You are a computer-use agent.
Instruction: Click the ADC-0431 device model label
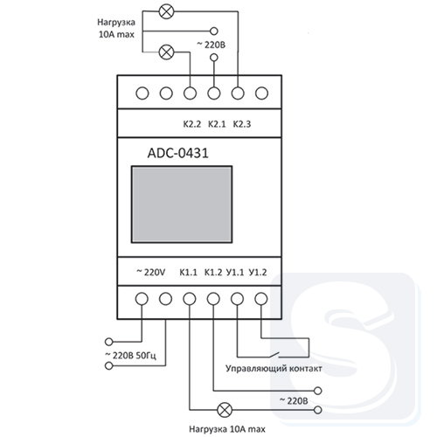point(178,153)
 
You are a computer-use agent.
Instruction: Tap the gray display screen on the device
point(182,205)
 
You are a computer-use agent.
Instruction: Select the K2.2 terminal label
point(192,124)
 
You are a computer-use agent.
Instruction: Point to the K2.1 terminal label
point(217,124)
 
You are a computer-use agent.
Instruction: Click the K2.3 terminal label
point(242,124)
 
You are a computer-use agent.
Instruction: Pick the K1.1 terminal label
point(188,273)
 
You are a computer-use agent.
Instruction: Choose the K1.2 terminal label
point(213,273)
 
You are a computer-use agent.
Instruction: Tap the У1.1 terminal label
point(235,273)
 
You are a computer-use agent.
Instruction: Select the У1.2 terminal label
point(258,273)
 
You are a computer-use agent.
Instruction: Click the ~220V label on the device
point(151,273)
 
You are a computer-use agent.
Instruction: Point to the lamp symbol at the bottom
point(225,410)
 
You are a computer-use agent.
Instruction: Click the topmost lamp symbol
point(167,11)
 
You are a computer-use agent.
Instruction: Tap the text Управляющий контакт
point(274,369)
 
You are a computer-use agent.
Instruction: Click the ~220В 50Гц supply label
point(130,356)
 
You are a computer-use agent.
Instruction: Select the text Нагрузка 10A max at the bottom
point(227,429)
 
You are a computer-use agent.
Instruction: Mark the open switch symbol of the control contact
point(274,355)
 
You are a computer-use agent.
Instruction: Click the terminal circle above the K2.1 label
point(214,94)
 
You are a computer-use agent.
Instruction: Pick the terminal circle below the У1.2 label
point(261,299)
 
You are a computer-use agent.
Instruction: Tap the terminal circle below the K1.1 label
point(190,299)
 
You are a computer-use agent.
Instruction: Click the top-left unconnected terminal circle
point(142,94)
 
